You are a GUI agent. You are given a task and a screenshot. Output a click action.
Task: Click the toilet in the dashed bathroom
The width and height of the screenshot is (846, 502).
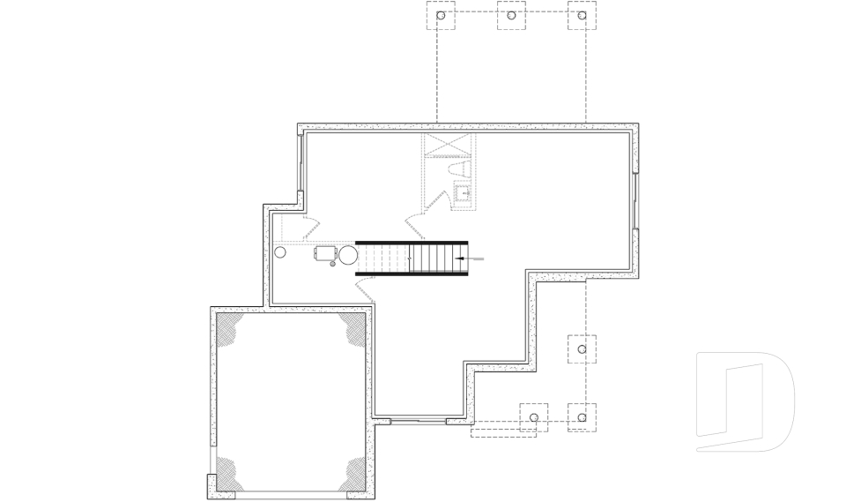click(457, 167)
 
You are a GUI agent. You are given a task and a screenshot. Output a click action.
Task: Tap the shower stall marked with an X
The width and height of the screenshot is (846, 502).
click(448, 146)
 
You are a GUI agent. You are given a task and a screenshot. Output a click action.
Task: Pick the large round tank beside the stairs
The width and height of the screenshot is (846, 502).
click(347, 256)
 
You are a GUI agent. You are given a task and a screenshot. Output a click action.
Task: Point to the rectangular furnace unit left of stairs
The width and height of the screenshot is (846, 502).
click(325, 253)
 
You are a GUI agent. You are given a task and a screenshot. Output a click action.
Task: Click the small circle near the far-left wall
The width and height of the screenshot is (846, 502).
click(280, 252)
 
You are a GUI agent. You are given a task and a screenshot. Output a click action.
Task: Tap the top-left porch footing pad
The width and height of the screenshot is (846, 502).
click(442, 16)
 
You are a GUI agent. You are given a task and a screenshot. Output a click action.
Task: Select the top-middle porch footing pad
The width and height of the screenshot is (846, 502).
click(511, 16)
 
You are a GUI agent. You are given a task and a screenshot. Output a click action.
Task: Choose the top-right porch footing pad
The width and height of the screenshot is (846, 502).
click(582, 16)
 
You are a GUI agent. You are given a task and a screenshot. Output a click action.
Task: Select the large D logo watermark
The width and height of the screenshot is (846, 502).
click(745, 401)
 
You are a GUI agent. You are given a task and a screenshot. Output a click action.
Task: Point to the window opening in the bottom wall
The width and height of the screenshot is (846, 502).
click(419, 421)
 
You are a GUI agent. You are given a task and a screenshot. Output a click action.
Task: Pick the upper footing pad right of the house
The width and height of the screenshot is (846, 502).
click(582, 349)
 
